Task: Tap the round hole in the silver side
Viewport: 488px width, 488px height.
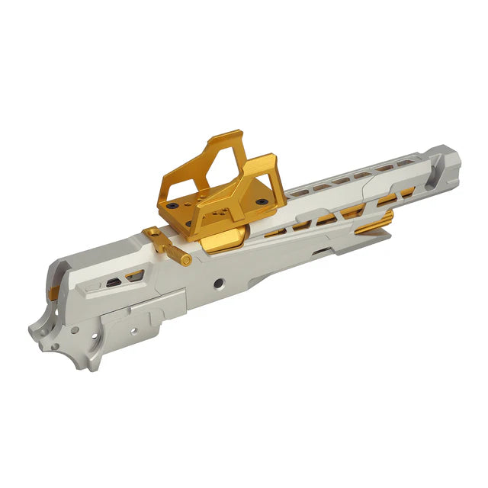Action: [218, 283]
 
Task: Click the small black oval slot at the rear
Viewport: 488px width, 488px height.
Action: [112, 283]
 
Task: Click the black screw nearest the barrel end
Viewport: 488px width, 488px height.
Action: [262, 201]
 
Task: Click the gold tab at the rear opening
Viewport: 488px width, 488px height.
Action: [54, 293]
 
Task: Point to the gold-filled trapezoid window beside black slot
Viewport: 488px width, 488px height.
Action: [134, 276]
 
